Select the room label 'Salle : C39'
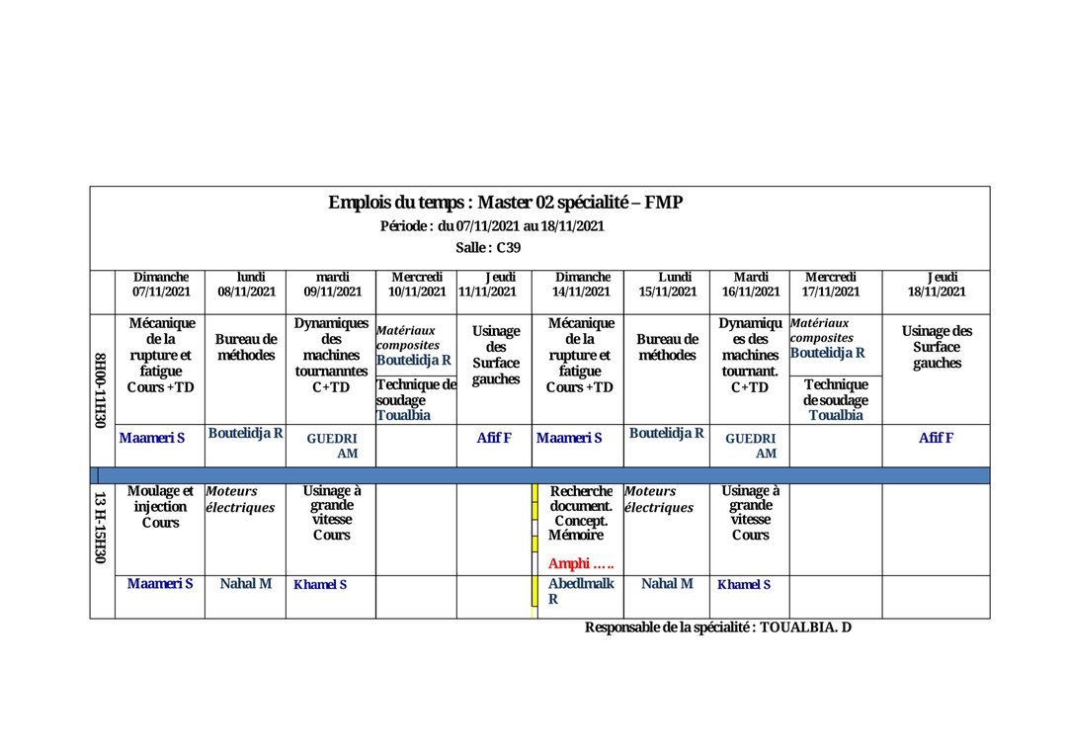click(488, 247)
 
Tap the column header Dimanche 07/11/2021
click(161, 285)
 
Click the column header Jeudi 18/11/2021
click(936, 285)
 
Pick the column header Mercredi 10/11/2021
click(417, 285)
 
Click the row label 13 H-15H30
click(100, 528)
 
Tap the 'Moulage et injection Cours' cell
click(160, 506)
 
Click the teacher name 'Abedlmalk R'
click(580, 591)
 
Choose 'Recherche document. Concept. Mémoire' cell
click(581, 513)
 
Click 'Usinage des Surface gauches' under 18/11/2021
click(936, 347)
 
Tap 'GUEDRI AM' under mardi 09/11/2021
click(331, 446)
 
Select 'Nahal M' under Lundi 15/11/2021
click(667, 584)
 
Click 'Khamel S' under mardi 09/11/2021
click(320, 585)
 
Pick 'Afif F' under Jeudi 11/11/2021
click(494, 438)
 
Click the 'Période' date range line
click(492, 225)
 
